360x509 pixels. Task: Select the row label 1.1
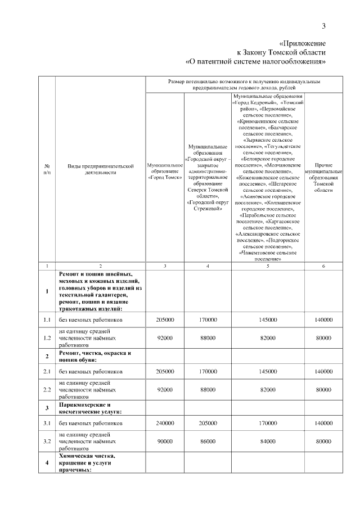pyautogui.click(x=47, y=319)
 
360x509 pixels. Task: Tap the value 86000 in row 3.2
pyautogui.click(x=208, y=442)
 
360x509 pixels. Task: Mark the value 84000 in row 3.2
pyautogui.click(x=267, y=442)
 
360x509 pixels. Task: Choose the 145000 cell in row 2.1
pyautogui.click(x=267, y=371)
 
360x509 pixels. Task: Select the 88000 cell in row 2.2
pyautogui.click(x=208, y=389)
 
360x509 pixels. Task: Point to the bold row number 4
pyautogui.click(x=47, y=462)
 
